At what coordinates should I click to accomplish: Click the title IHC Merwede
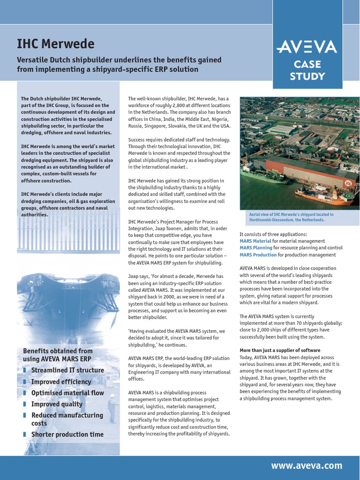coord(55,44)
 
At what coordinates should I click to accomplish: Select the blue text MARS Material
coord(255,241)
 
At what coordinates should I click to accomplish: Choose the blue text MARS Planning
coord(255,248)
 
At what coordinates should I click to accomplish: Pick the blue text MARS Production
coord(258,255)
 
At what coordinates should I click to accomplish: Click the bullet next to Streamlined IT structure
coord(24,370)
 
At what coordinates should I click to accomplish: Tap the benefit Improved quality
coord(57,404)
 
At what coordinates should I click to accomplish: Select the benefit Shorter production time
coord(67,435)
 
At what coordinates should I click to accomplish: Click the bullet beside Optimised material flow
coord(24,393)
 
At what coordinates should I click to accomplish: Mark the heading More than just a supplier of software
coord(280,351)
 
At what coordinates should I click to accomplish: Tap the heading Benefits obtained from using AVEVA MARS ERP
coord(58,355)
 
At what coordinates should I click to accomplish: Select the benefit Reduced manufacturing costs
coord(67,419)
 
